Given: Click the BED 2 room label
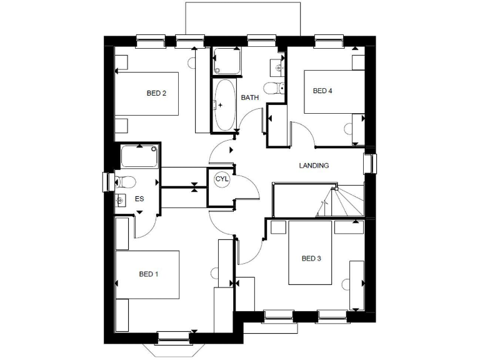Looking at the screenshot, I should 156,94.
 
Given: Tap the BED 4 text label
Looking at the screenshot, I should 322,91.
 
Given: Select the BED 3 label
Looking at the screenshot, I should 311,258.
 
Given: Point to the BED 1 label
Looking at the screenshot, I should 149,274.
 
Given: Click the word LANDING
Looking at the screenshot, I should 314,166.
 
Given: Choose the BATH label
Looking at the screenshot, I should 250,97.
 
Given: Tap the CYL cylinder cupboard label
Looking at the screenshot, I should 222,179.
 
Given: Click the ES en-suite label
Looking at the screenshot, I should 139,199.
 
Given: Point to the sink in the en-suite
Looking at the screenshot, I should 120,200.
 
